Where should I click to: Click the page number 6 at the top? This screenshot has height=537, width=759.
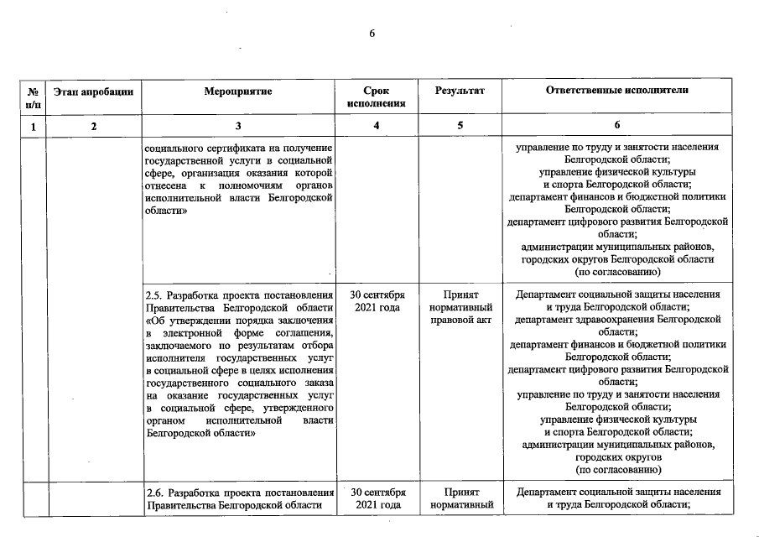(372, 34)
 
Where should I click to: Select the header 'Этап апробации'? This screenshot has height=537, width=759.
(93, 90)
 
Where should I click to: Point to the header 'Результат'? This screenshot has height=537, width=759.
(460, 90)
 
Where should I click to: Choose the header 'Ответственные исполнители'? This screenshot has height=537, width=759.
(616, 90)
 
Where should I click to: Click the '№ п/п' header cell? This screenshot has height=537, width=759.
(32, 96)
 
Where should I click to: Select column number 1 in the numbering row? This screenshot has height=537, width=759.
(32, 126)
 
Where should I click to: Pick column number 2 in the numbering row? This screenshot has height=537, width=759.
(93, 126)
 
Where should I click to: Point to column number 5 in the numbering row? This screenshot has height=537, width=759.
(460, 126)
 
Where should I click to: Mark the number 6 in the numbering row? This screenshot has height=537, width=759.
(616, 126)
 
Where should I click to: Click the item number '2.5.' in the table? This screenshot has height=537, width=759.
(154, 296)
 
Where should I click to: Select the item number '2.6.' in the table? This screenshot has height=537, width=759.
(154, 493)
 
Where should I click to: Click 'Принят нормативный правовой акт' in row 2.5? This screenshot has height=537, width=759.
(460, 310)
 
